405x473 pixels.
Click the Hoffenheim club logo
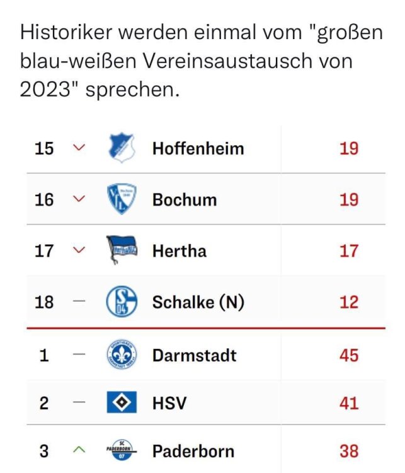pos(122,149)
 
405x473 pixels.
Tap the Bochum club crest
pos(122,200)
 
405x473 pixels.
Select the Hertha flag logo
pos(122,251)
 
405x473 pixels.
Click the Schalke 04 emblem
pos(122,303)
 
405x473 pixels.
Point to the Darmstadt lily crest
pos(122,354)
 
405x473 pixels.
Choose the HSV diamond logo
pos(122,403)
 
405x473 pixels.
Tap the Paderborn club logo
pos(122,452)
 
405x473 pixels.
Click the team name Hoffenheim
pos(198,149)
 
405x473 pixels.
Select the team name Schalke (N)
pos(198,303)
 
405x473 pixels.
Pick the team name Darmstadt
pos(194,354)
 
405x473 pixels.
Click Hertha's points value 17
pos(348,251)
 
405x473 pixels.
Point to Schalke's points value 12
pos(348,303)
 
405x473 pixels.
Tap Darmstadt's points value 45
pos(348,354)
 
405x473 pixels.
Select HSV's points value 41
pos(348,403)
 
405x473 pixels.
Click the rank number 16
pos(44,200)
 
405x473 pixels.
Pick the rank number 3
pos(44,452)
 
